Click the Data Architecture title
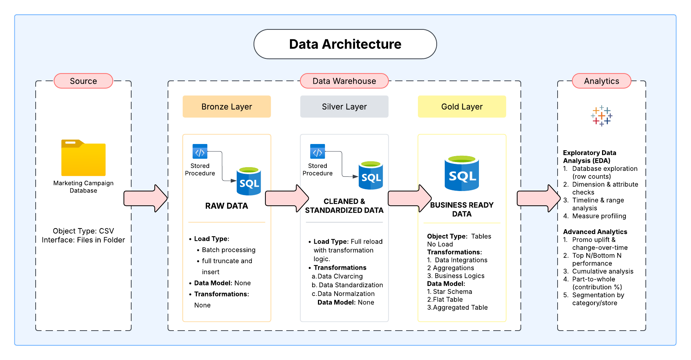345,44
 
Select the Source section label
83,81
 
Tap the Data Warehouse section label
344,81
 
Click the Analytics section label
601,81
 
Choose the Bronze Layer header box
226,107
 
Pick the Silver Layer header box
344,107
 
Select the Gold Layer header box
462,107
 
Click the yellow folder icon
83,158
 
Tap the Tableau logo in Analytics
601,116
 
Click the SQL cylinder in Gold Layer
462,173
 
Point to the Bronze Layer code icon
200,151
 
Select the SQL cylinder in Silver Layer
370,176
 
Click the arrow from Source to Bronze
146,198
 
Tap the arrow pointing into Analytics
538,198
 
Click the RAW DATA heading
226,206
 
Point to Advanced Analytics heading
595,232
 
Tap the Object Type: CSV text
83,231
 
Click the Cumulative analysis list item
602,271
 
